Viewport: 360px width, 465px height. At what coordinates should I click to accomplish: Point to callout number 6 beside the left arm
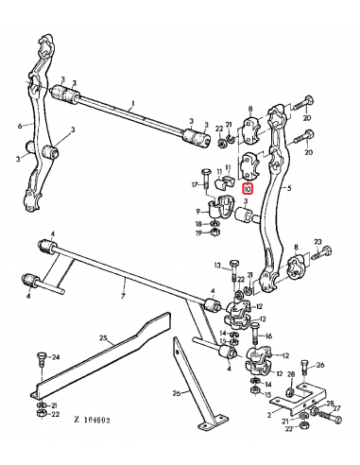tap(19, 124)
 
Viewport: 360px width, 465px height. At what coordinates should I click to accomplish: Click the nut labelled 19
tap(214, 232)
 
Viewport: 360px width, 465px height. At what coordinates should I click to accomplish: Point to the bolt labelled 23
tap(324, 253)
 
